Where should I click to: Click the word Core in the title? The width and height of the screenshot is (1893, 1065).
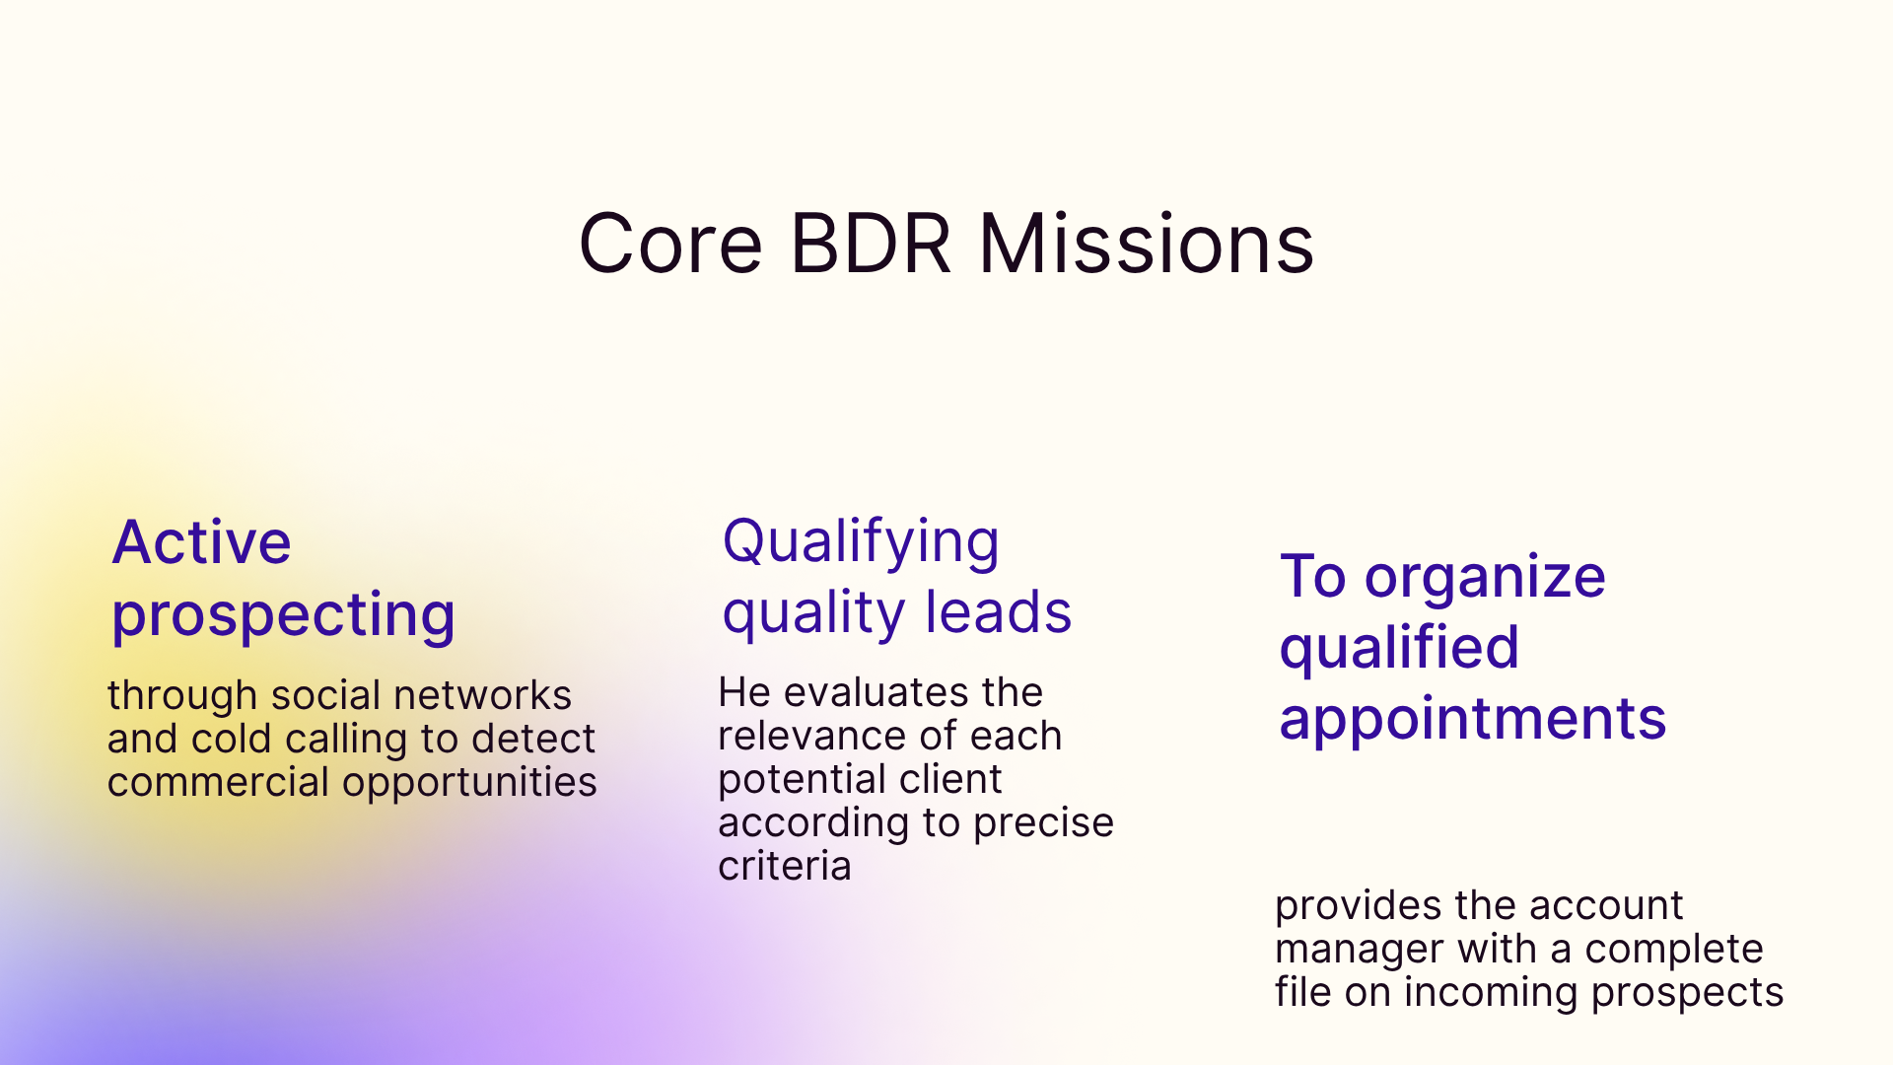pyautogui.click(x=670, y=244)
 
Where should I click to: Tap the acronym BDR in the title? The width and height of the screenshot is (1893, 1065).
pyautogui.click(x=870, y=244)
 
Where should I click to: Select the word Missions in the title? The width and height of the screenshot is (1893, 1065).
pyautogui.click(x=1146, y=244)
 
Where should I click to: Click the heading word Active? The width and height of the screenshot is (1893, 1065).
pyautogui.click(x=202, y=542)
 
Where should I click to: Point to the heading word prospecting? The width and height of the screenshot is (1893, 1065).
pyautogui.click(x=284, y=616)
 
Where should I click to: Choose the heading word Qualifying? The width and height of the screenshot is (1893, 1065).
pyautogui.click(x=861, y=542)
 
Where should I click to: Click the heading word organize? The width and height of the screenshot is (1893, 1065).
pyautogui.click(x=1485, y=577)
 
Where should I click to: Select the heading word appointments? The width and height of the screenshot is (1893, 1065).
pyautogui.click(x=1472, y=719)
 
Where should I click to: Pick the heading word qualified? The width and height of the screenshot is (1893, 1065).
pyautogui.click(x=1399, y=649)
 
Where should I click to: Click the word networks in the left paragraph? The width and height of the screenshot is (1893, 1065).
pyautogui.click(x=482, y=695)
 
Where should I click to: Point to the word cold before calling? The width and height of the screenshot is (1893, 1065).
pyautogui.click(x=232, y=739)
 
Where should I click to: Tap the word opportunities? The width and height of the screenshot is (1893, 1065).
pyautogui.click(x=469, y=783)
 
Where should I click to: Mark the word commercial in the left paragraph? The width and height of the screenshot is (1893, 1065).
pyautogui.click(x=218, y=783)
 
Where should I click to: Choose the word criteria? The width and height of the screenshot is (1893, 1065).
pyautogui.click(x=784, y=866)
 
